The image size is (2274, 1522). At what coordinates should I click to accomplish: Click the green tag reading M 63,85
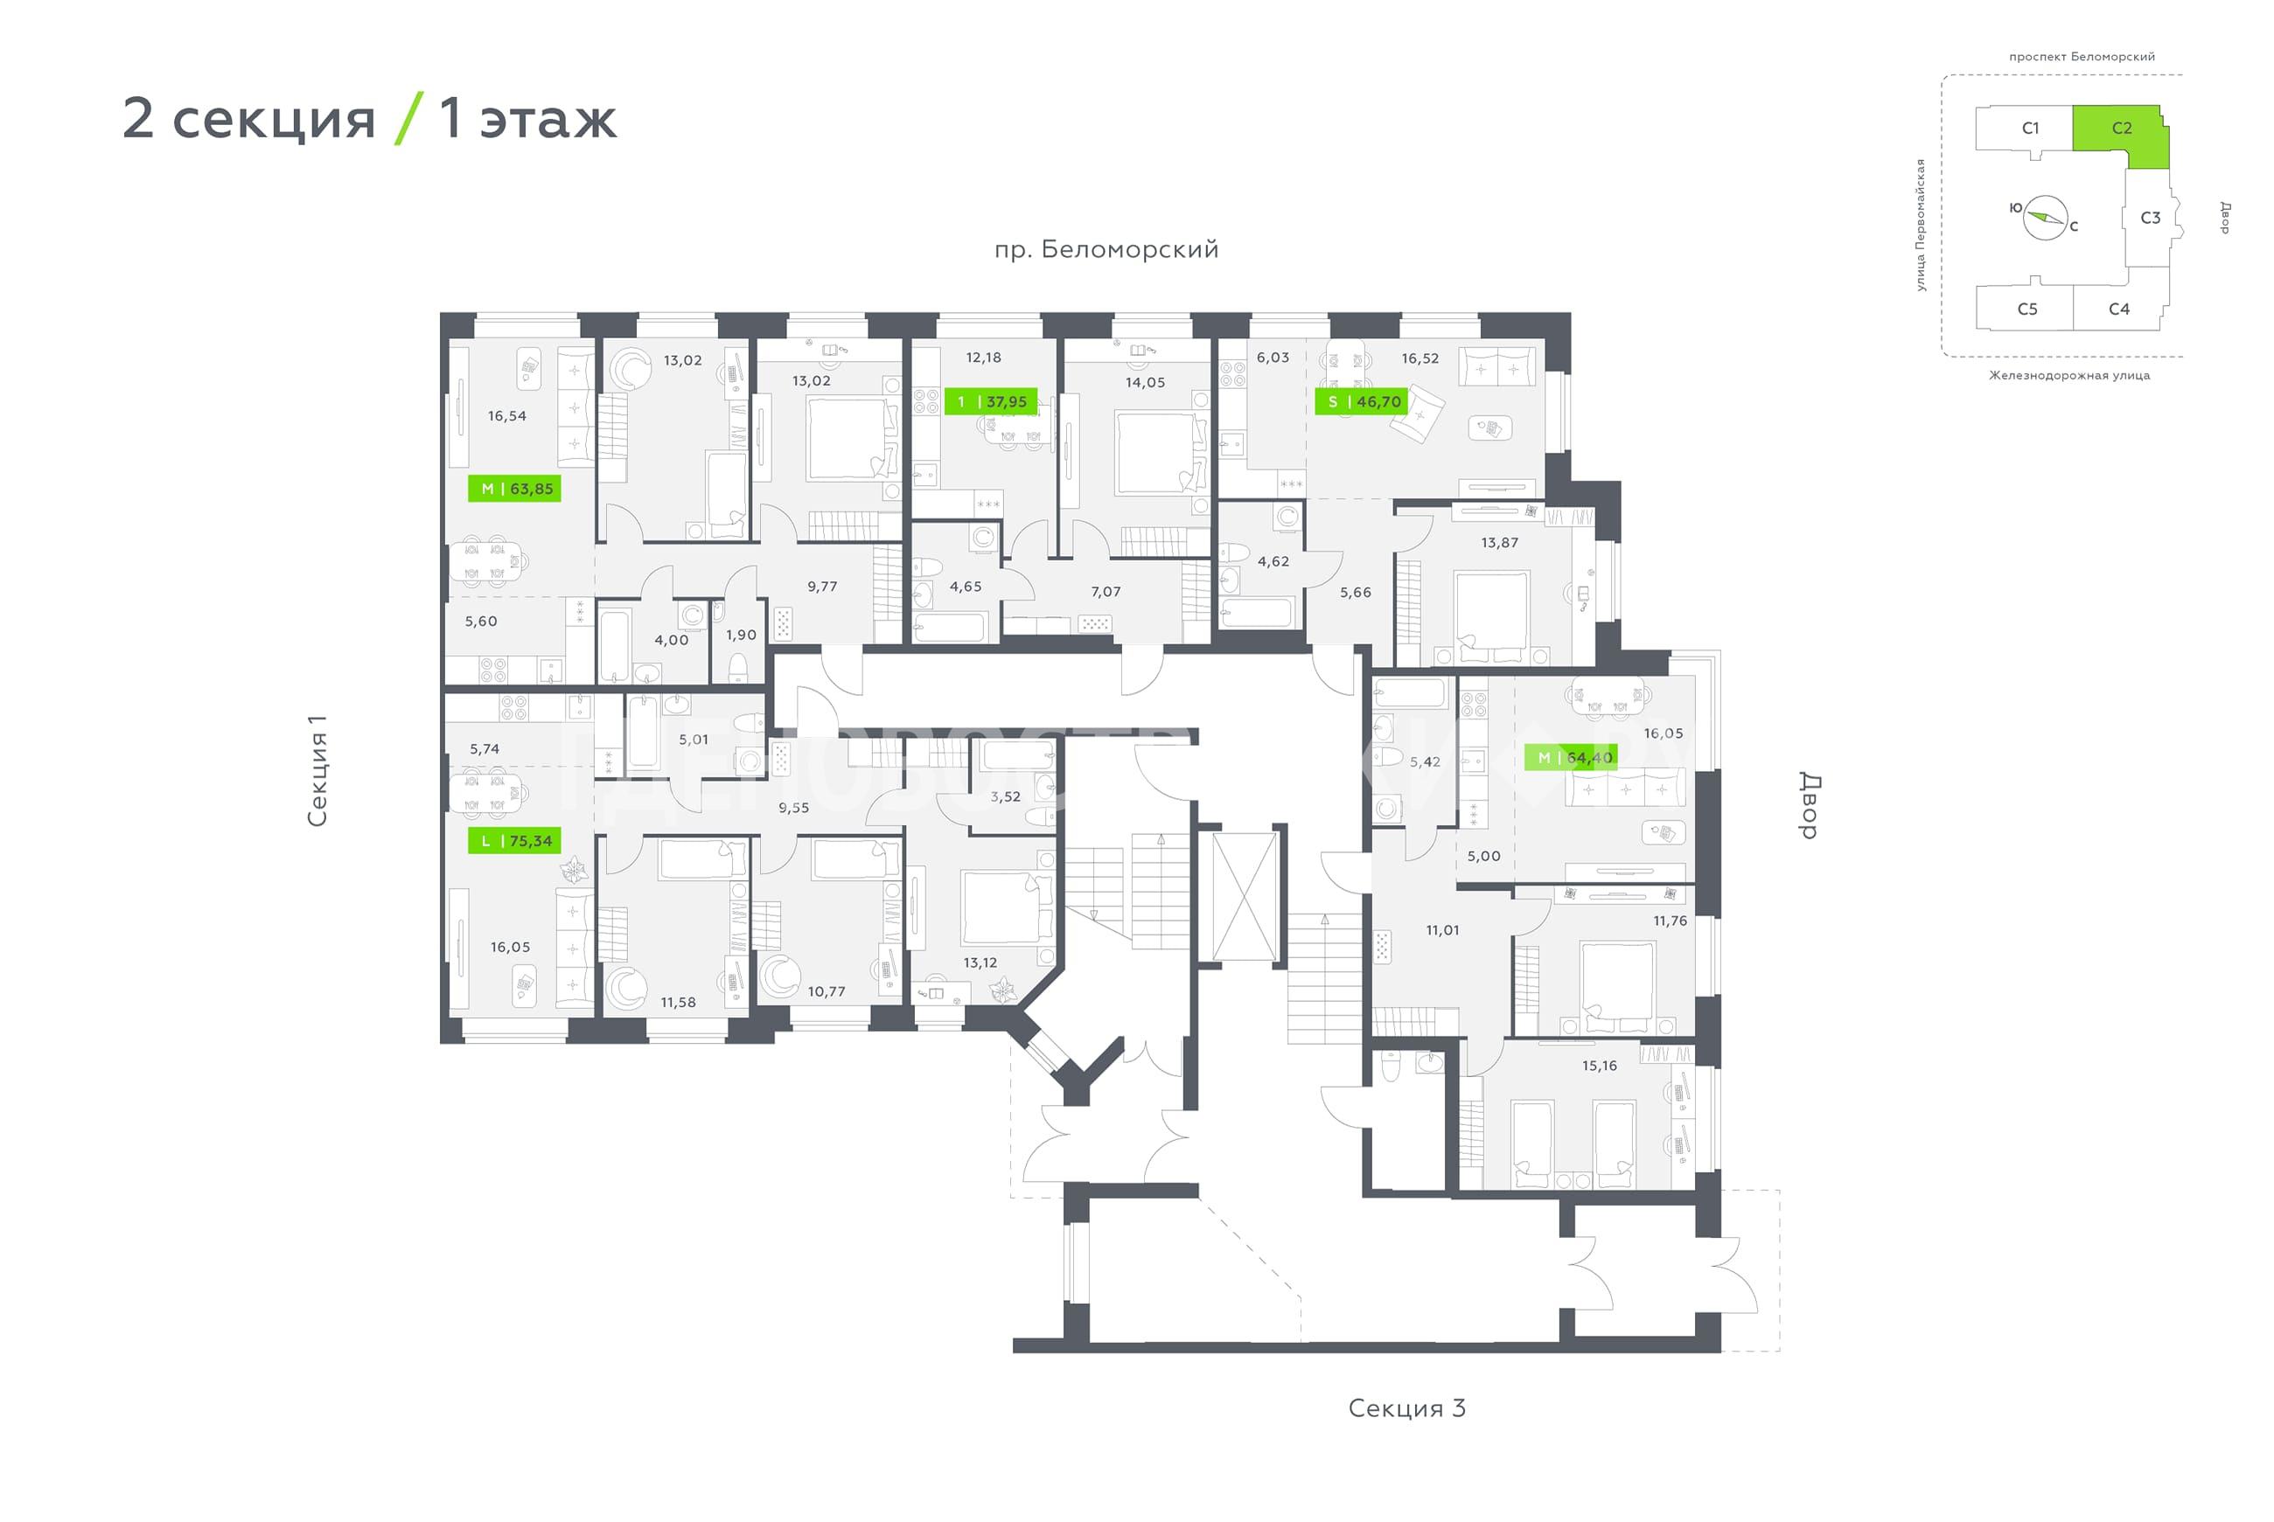pos(513,488)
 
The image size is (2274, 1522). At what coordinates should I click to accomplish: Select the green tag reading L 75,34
pos(513,841)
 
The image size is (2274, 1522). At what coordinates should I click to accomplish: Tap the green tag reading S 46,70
pos(1360,401)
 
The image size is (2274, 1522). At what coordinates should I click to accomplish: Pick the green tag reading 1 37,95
pos(990,401)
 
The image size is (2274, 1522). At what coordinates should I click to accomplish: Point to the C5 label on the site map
pos(2027,309)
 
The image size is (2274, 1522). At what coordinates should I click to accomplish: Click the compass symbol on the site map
pos(2045,218)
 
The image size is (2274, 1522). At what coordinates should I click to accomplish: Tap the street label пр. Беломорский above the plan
pos(1106,249)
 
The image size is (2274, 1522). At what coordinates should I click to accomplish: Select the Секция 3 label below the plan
pos(1407,1407)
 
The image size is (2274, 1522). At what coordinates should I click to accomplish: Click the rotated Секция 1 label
pos(317,771)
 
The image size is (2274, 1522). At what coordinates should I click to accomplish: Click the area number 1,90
pos(741,635)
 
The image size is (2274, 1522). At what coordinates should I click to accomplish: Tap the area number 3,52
pos(1005,796)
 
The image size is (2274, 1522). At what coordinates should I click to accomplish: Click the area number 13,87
pos(1499,543)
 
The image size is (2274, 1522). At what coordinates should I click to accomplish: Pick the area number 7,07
pos(1105,591)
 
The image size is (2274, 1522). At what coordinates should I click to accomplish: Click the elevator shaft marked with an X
pos(1245,896)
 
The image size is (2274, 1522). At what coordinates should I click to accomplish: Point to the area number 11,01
pos(1442,930)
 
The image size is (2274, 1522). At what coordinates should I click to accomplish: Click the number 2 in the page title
pos(138,118)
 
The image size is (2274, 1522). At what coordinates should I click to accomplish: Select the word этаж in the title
pos(548,120)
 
